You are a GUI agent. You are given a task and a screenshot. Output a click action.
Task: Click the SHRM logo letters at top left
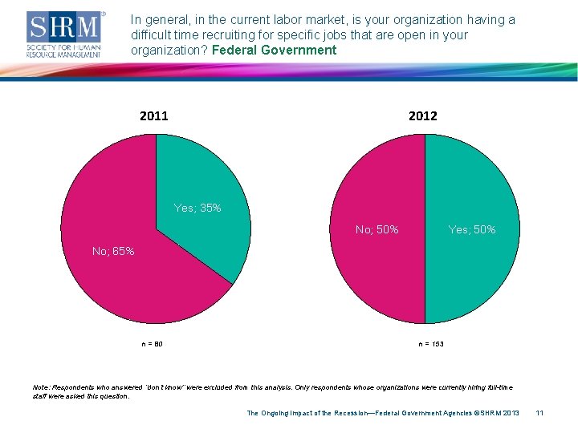pyautogui.click(x=65, y=28)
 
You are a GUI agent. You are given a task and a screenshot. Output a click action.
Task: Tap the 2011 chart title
pyautogui.click(x=154, y=115)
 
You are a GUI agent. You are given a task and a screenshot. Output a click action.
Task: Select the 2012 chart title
pyautogui.click(x=423, y=115)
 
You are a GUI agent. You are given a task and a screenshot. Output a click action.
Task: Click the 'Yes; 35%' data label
pyautogui.click(x=197, y=208)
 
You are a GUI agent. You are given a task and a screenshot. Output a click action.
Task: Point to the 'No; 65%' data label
pyautogui.click(x=113, y=251)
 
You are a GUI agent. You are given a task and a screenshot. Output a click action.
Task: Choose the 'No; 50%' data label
pyautogui.click(x=377, y=229)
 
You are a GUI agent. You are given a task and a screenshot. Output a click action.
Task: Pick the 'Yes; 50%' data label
pyautogui.click(x=472, y=229)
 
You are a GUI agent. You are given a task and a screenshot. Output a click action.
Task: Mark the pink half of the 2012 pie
pyautogui.click(x=377, y=273)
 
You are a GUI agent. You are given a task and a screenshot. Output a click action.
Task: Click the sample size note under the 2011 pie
pyautogui.click(x=153, y=344)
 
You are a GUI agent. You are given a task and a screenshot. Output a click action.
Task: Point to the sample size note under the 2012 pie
pyautogui.click(x=430, y=344)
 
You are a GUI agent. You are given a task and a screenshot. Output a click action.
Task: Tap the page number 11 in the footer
pyautogui.click(x=539, y=413)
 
